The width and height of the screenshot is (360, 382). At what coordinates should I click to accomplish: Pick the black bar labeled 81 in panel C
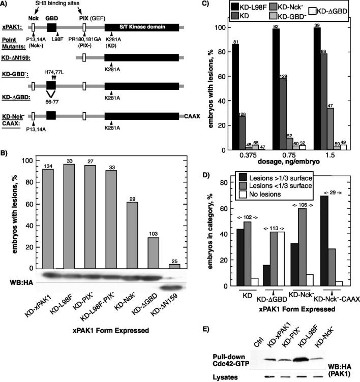point(235,97)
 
